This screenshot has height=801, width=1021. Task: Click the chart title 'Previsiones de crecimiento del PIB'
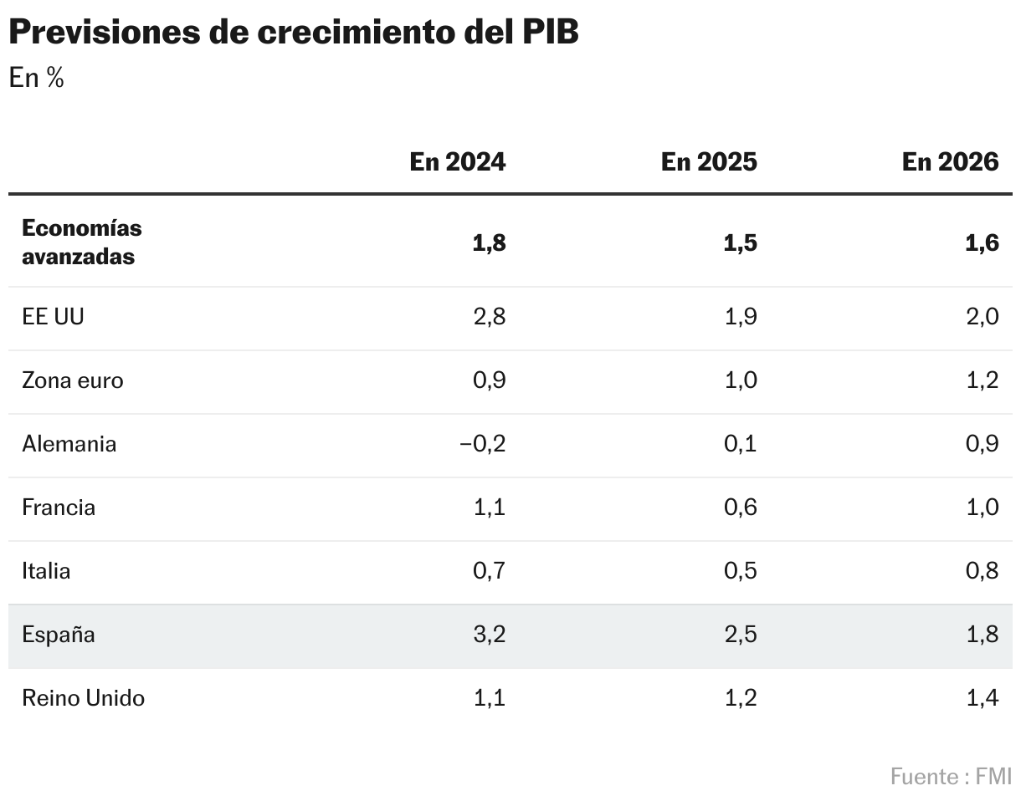293,33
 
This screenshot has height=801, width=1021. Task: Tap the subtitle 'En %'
36,78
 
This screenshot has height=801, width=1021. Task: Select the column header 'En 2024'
457,161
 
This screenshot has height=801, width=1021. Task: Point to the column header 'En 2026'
950,161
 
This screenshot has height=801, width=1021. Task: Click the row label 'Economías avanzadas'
81,242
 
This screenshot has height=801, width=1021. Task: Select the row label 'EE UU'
53,317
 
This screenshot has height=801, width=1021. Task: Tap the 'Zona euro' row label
72,380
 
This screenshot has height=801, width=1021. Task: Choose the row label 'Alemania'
69,444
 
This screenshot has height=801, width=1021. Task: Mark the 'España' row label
59,635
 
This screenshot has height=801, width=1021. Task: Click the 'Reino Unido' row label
83,698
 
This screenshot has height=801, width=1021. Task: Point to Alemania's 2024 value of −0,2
482,444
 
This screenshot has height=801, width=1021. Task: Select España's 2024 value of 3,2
489,635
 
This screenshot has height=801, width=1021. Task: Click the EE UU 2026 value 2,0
981,317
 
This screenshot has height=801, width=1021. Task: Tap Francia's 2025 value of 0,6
740,508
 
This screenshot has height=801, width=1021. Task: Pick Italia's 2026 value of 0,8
981,571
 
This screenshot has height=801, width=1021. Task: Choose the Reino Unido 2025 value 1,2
741,698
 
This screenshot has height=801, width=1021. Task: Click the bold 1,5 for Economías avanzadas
740,243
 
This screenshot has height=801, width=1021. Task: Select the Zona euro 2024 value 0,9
489,380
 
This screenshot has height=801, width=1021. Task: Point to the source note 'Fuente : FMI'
950,776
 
